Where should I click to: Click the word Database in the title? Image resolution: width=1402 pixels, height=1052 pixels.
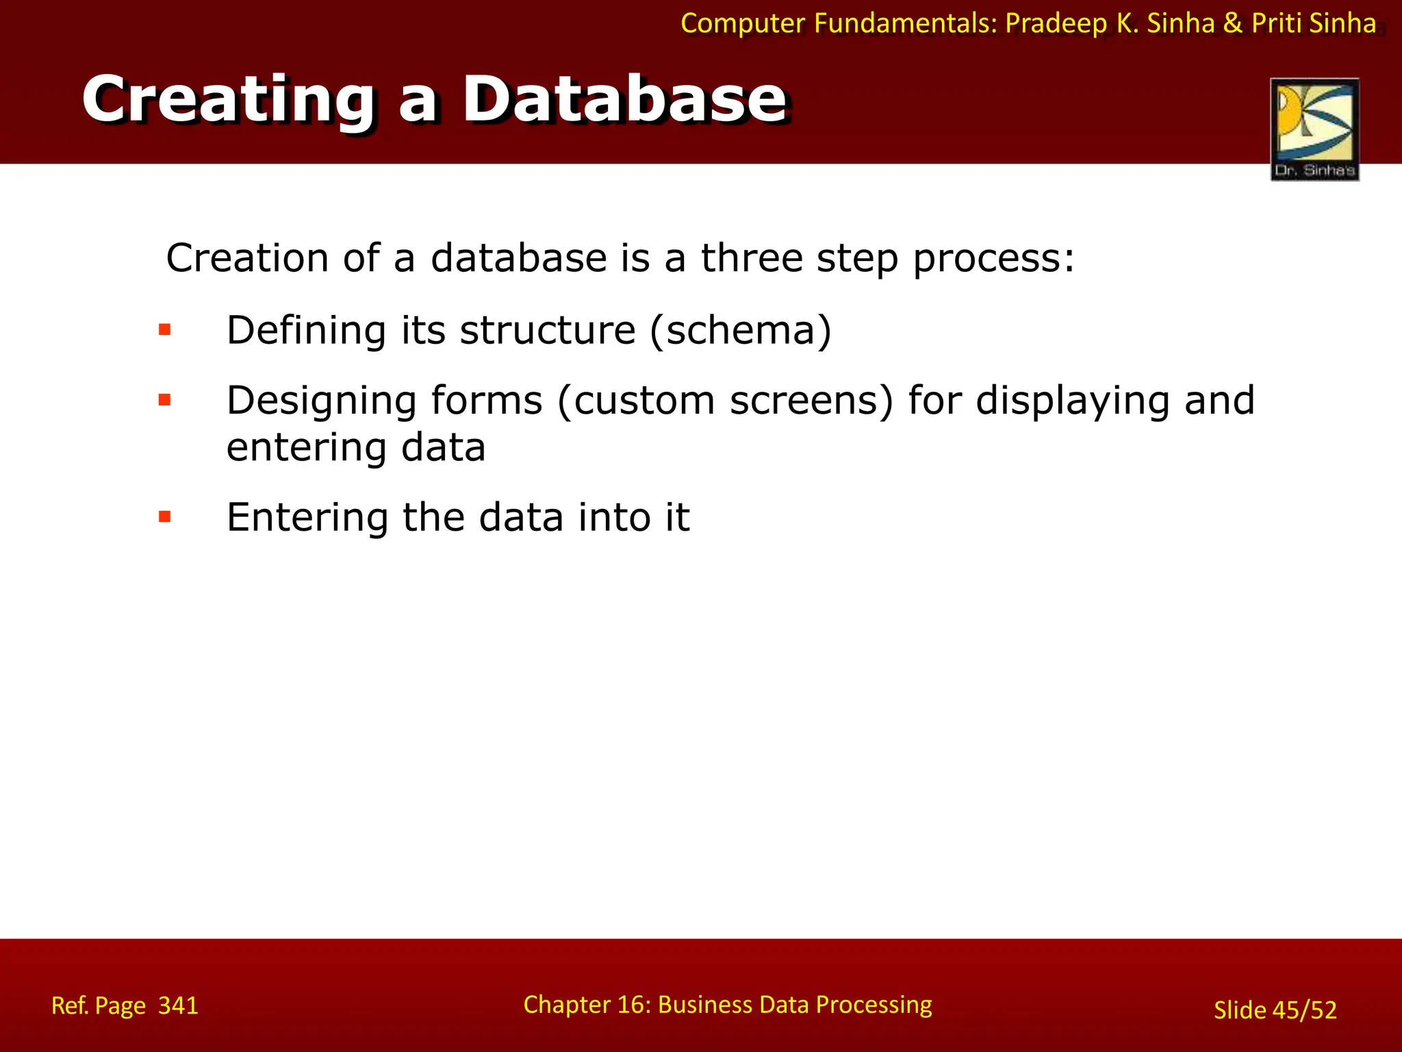click(624, 100)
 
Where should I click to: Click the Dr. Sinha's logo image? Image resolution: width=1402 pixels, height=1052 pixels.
click(1314, 129)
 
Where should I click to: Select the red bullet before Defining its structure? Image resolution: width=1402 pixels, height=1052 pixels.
click(164, 330)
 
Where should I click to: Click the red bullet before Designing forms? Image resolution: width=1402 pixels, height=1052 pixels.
click(164, 400)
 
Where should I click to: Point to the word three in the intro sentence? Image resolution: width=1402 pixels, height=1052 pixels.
click(752, 258)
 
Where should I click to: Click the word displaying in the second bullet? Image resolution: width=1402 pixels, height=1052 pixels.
click(1072, 401)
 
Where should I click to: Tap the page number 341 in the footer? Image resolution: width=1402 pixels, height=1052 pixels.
click(178, 1005)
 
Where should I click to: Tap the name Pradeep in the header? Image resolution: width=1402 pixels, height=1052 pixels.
click(1056, 24)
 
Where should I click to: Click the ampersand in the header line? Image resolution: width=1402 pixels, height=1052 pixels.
click(1232, 24)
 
